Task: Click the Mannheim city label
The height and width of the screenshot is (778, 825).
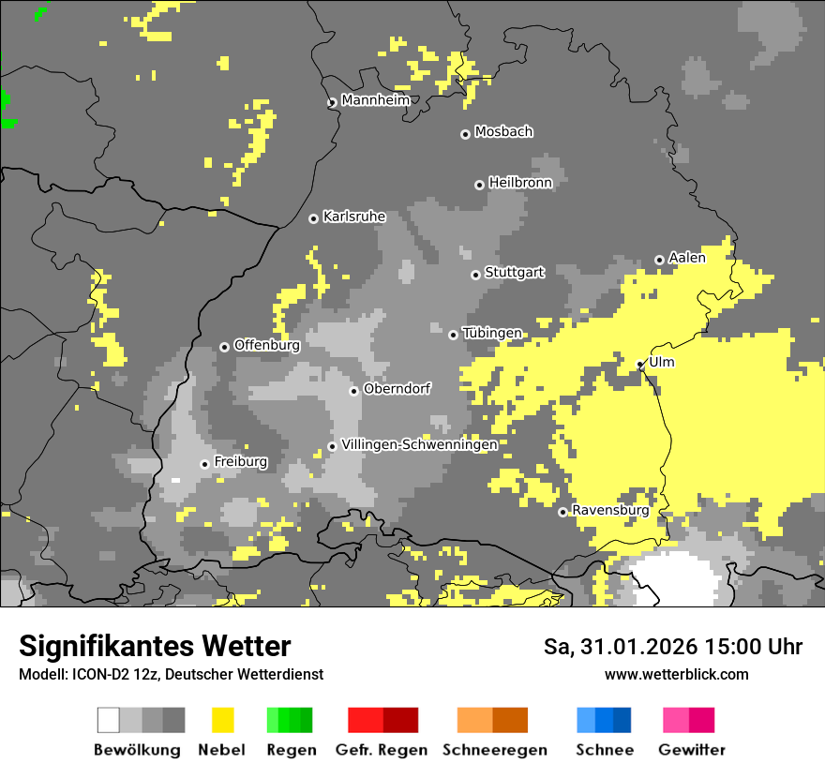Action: click(375, 100)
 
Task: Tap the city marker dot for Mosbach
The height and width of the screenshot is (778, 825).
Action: click(465, 134)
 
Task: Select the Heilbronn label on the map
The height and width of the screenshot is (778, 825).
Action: click(520, 183)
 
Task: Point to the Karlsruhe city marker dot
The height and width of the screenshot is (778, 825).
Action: click(314, 218)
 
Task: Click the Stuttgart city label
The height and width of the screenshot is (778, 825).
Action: click(515, 273)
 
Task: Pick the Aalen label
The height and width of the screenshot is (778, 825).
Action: click(687, 258)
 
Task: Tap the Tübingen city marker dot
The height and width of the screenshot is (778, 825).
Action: click(454, 335)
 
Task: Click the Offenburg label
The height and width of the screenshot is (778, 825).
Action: click(266, 345)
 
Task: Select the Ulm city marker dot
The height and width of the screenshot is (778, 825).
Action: click(640, 365)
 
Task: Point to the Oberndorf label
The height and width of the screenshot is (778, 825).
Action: click(397, 389)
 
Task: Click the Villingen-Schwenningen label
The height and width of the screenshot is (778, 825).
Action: click(419, 444)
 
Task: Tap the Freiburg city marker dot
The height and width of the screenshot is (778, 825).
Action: click(204, 464)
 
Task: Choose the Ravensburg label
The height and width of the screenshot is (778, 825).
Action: click(610, 511)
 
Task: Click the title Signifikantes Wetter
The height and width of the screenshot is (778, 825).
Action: click(155, 646)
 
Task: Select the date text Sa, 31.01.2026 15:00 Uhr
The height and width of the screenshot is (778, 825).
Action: click(672, 647)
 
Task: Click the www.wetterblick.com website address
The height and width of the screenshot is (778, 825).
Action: click(676, 674)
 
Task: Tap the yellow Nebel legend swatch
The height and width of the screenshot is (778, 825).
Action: click(222, 720)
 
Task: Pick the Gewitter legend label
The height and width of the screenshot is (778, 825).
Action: click(691, 750)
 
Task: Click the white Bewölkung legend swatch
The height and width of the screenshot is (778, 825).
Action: click(109, 720)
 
